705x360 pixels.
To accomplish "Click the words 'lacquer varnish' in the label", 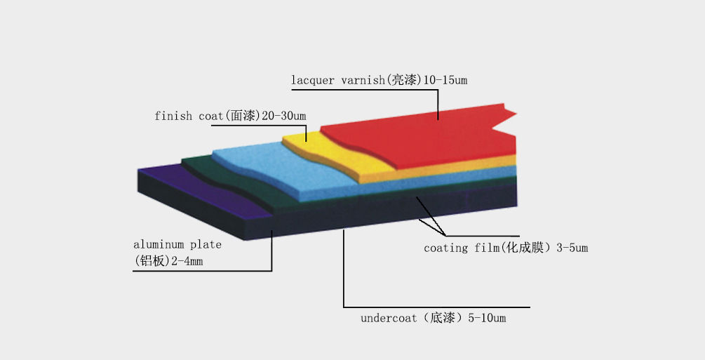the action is point(337,81).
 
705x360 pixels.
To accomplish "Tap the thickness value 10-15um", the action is point(445,80).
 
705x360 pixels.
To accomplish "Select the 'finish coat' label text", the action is point(189,116).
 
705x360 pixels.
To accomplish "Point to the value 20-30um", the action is point(283,116).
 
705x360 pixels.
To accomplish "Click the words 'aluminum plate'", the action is point(177,244).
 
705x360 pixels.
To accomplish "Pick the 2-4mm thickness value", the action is point(187,261).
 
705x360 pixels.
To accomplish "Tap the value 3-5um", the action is point(572,248).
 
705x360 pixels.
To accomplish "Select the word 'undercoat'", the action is point(389,318).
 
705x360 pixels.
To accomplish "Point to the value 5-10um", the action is point(487,318).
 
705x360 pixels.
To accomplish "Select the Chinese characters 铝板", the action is point(153,261).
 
